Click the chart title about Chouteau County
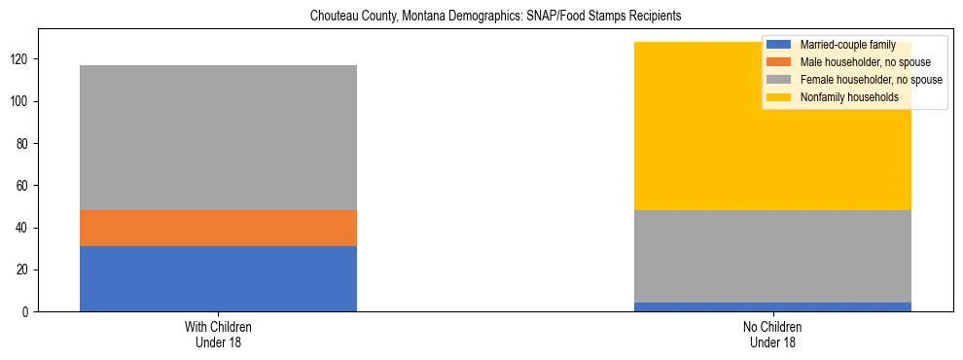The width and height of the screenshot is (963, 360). (495, 17)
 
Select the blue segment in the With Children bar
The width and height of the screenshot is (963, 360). (218, 278)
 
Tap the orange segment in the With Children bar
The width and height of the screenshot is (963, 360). (218, 228)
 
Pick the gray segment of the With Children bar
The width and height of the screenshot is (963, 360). (218, 137)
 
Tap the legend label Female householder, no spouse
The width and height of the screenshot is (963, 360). (870, 80)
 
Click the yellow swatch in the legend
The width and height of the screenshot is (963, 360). (779, 97)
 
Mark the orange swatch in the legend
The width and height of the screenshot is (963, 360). (779, 62)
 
